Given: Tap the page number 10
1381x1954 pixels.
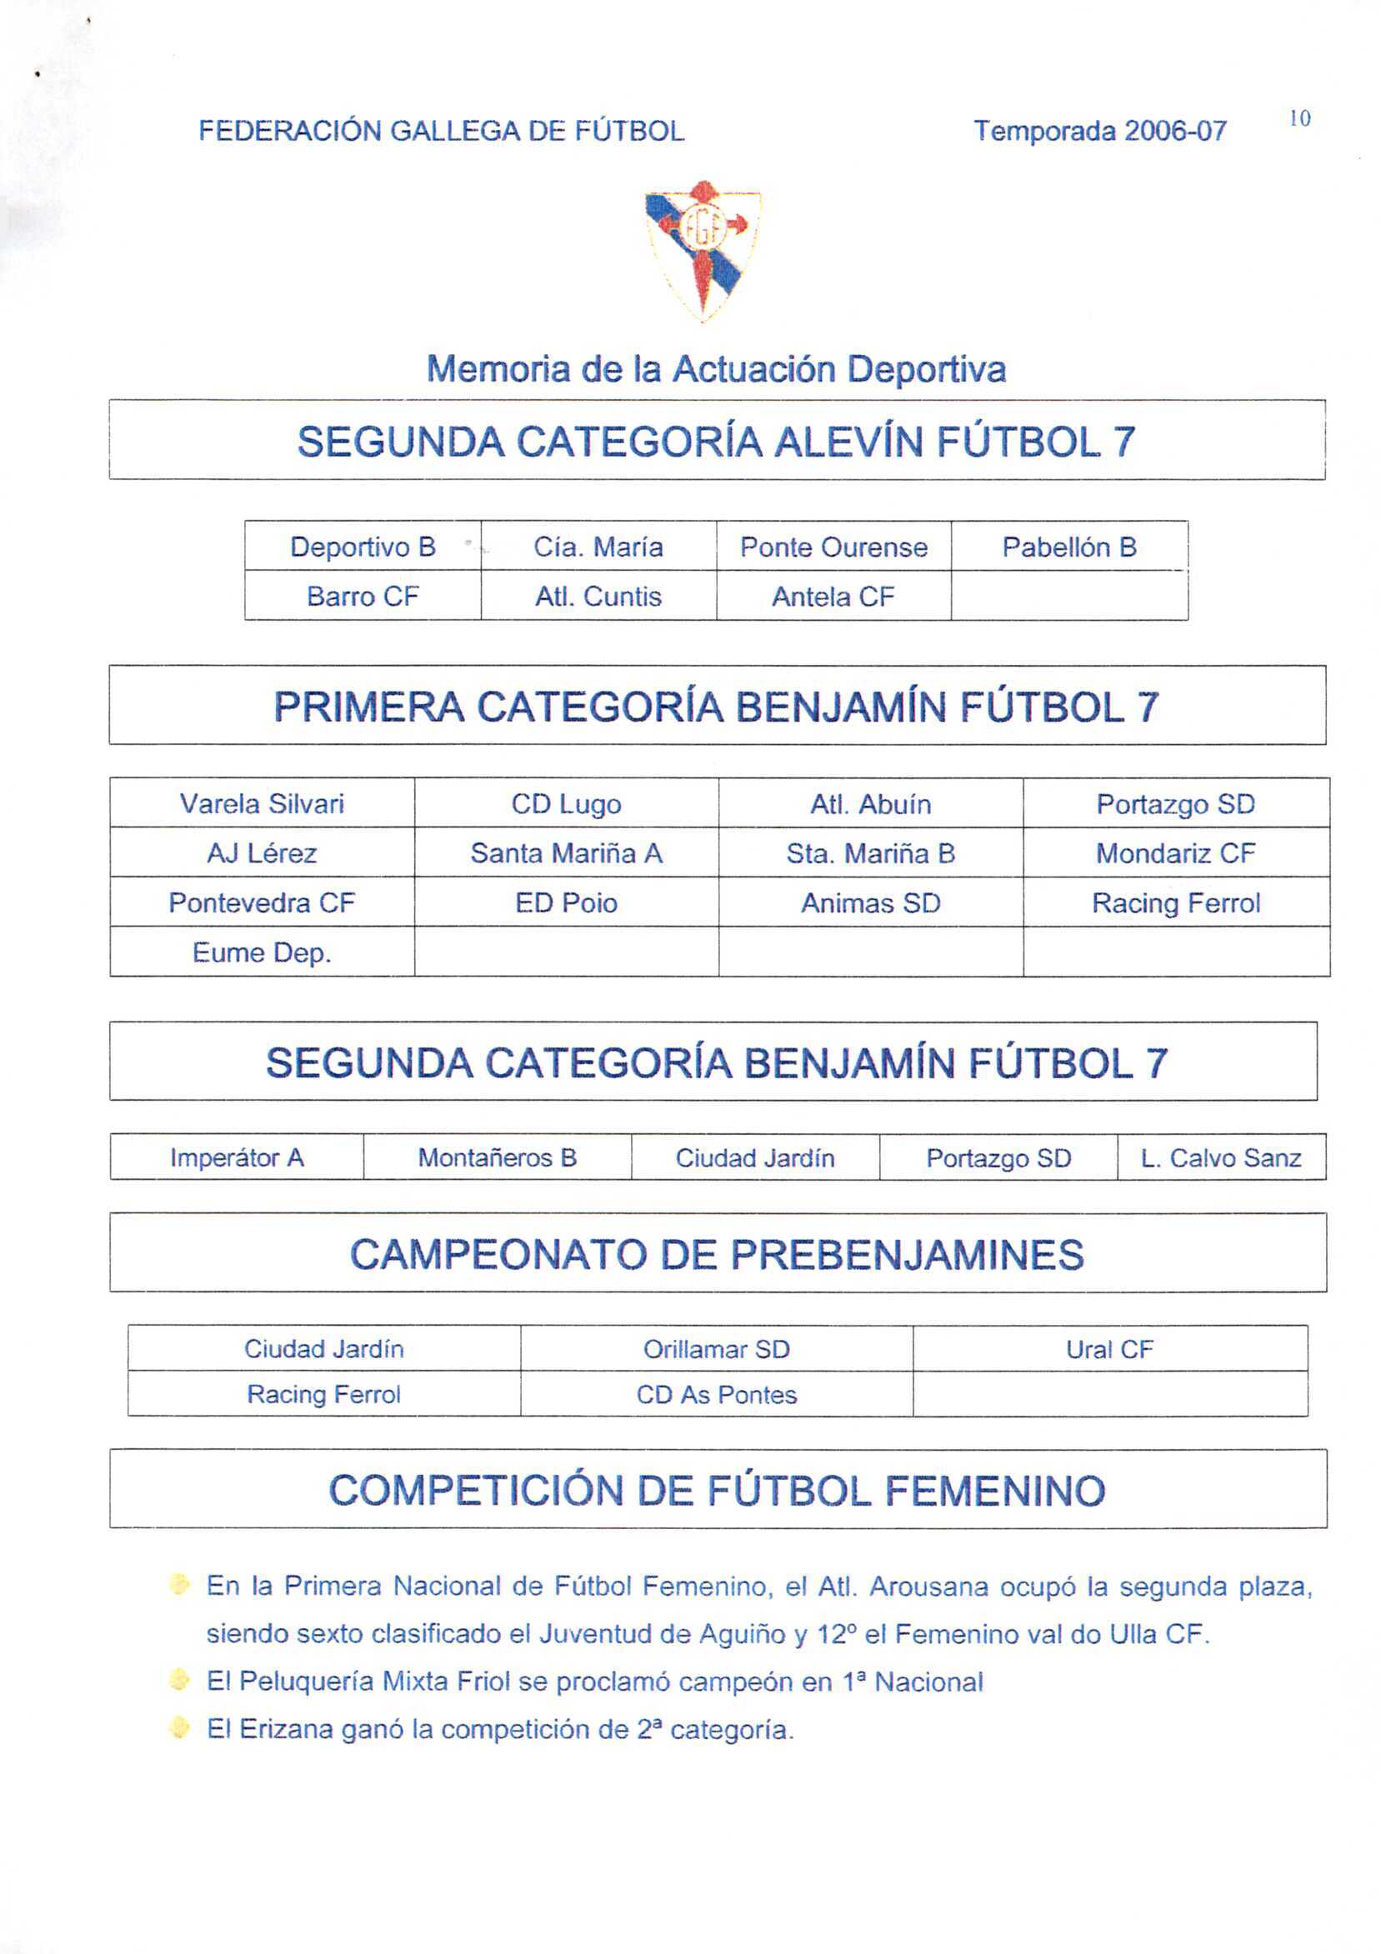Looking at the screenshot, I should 1299,119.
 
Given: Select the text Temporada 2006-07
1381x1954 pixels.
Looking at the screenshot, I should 1099,132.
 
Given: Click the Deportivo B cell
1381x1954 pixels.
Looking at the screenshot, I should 363,547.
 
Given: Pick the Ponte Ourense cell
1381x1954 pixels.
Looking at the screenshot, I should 833,547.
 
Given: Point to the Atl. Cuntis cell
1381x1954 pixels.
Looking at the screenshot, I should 598,596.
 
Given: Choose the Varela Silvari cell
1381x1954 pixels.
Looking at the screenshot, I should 263,803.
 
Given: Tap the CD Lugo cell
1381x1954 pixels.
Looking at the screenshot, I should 566,803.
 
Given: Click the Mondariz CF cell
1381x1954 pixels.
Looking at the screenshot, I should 1175,852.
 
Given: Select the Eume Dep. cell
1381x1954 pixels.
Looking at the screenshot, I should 263,952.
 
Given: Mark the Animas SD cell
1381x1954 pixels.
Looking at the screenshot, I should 870,902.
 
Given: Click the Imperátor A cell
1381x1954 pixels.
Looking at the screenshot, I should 237,1157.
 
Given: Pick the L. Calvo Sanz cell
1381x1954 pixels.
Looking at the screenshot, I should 1221,1157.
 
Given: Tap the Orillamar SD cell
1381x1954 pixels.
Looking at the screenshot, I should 716,1349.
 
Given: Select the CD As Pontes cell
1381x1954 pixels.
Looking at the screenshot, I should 716,1394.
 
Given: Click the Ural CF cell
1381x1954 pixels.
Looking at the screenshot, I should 1109,1349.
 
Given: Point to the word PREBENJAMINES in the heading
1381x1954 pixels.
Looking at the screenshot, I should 907,1254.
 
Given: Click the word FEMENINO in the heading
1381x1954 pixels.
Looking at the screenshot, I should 994,1490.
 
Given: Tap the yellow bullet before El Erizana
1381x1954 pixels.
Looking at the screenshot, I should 180,1727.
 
